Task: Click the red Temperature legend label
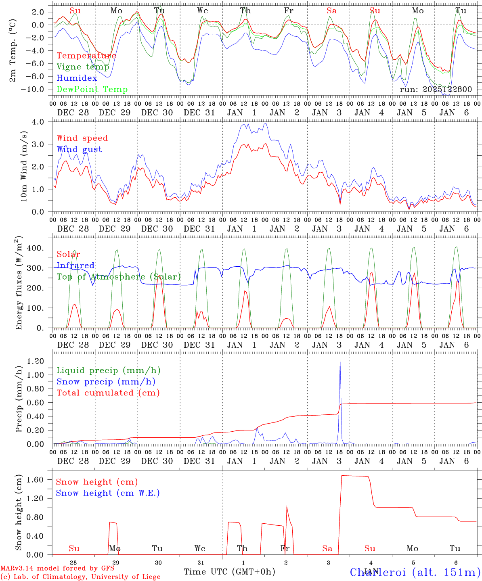[x=86, y=56]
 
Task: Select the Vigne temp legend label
[x=83, y=67]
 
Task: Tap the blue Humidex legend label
[x=77, y=78]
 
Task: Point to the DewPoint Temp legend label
[x=92, y=90]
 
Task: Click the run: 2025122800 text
[x=436, y=90]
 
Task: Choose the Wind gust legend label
[x=79, y=149]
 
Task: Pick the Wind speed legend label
[x=82, y=138]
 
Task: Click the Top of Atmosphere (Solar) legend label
[x=119, y=277]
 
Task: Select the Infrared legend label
[x=75, y=265]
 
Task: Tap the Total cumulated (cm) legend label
[x=108, y=393]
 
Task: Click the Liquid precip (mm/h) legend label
[x=109, y=370]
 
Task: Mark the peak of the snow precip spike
[x=340, y=360]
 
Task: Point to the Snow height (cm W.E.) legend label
[x=108, y=493]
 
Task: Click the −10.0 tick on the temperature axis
[x=33, y=89]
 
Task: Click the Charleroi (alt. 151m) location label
[x=415, y=572]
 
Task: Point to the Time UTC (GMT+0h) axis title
[x=229, y=572]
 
